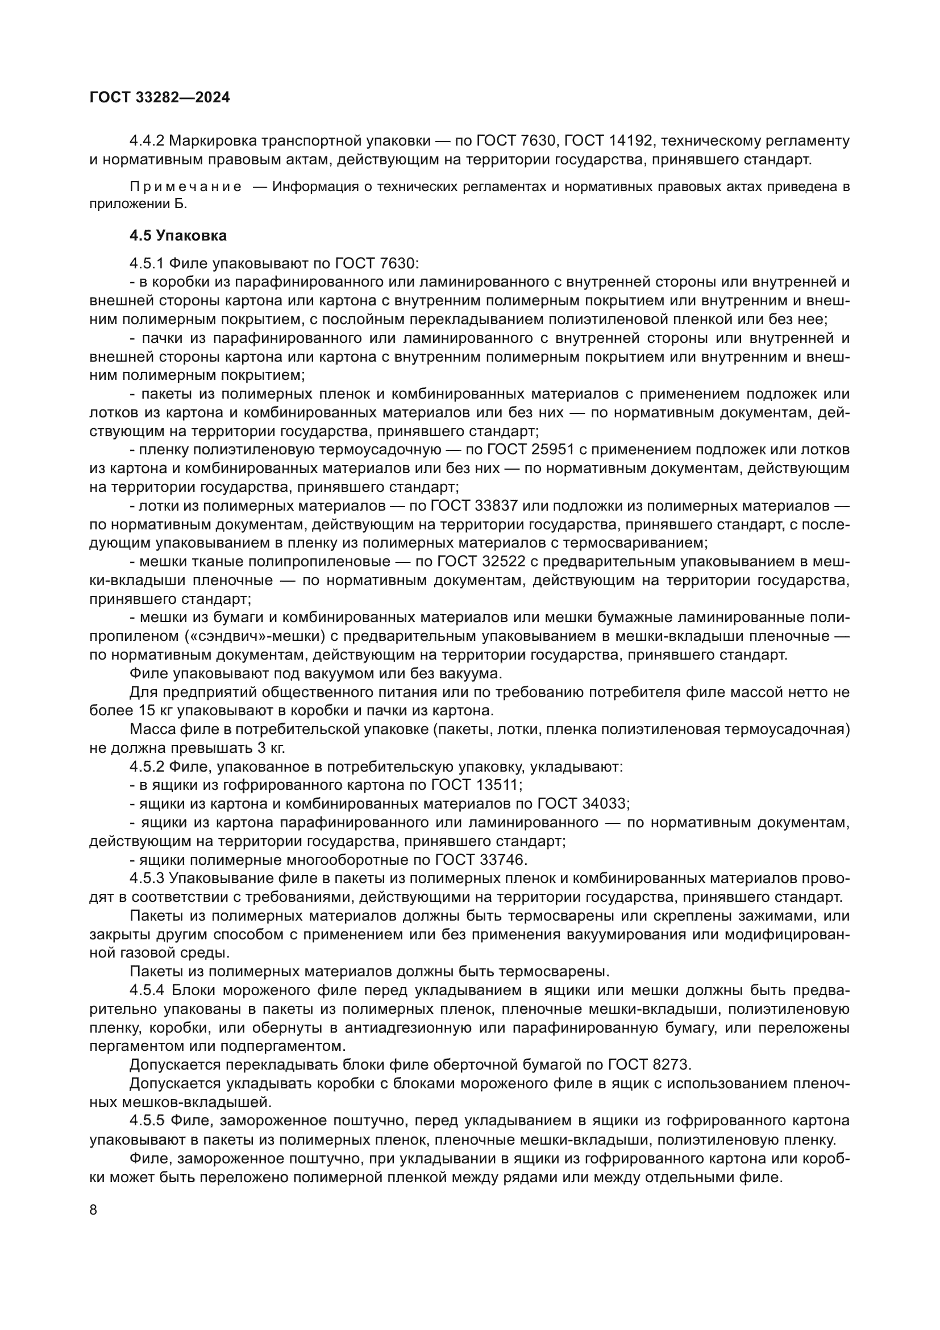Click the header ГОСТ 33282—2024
point(160,97)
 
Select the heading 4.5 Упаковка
point(178,236)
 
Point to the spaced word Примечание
point(185,187)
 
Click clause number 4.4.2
point(148,141)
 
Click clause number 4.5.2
point(148,767)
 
